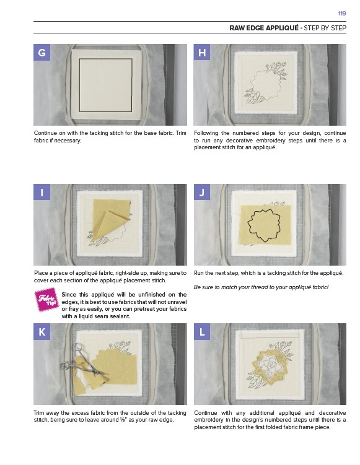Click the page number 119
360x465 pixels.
pos(342,14)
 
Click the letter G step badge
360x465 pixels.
pos(42,52)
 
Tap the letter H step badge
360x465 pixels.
pos(202,52)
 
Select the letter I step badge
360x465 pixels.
pos(42,192)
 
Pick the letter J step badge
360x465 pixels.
pos(202,192)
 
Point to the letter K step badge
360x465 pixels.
pos(42,331)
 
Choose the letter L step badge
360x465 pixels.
pos(202,331)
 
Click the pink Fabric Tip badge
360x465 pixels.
pos(46,300)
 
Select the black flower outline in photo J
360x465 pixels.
pos(264,225)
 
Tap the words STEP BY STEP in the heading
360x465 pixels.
pos(325,28)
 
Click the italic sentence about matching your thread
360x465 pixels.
pos(261,287)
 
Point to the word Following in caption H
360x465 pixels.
pos(206,133)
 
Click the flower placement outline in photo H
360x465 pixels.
pos(266,85)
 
